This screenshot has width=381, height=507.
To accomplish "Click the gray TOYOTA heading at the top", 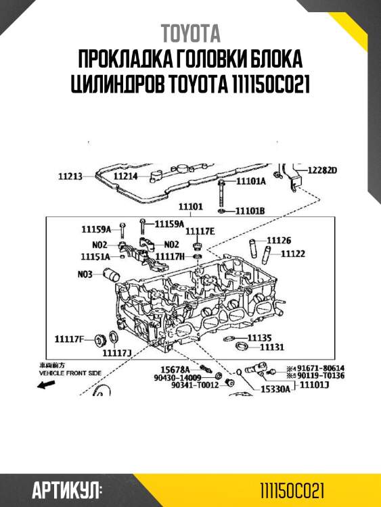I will point(190,33).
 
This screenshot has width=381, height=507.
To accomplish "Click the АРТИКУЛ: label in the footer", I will point(66,488).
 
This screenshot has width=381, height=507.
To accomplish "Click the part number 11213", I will point(70,176).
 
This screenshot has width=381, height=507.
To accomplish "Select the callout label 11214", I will point(125,176).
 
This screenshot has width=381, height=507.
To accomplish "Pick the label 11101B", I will point(250,211).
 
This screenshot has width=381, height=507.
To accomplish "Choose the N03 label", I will point(85,274).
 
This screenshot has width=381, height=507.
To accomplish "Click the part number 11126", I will point(279,240).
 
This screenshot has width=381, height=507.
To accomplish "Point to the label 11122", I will point(292,254).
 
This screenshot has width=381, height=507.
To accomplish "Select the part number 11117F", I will point(69,338).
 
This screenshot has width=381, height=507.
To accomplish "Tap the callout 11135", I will point(259,337).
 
